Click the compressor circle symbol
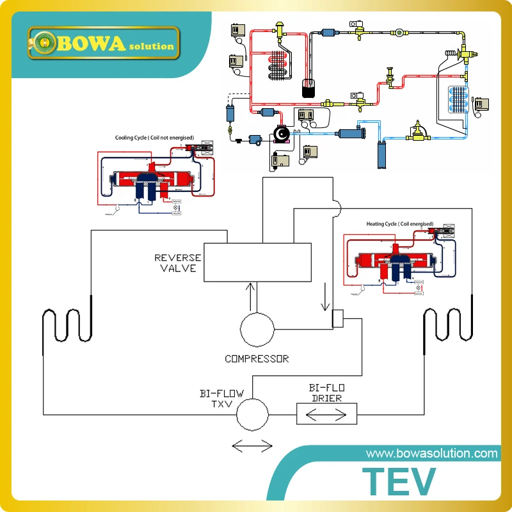(x=257, y=330)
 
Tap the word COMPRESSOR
(x=257, y=358)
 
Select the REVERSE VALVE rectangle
(x=257, y=262)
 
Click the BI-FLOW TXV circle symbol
(x=253, y=414)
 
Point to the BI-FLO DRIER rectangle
(x=326, y=414)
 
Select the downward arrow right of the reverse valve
(x=324, y=296)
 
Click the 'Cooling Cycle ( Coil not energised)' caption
(x=154, y=138)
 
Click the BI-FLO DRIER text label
(x=326, y=393)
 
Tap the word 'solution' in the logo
(x=152, y=46)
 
